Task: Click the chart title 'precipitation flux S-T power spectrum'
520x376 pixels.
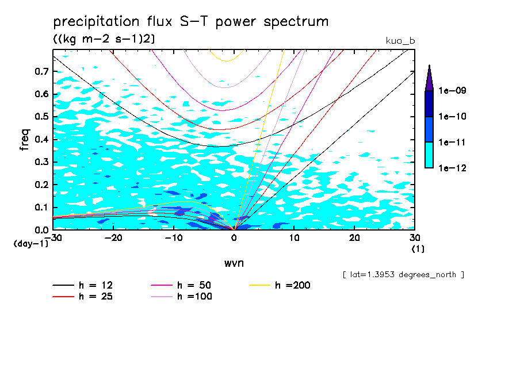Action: (190, 22)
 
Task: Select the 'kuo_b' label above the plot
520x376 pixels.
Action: (400, 41)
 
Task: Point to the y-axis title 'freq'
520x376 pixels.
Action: (24, 140)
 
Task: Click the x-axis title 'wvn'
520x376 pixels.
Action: (234, 263)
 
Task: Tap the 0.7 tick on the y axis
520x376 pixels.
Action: (40, 71)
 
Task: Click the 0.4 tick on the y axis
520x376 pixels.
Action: (40, 140)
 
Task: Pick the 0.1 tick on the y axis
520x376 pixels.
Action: (40, 208)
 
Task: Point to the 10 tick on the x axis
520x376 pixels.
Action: (294, 237)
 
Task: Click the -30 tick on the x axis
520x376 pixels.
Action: (53, 237)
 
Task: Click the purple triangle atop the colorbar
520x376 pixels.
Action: (429, 78)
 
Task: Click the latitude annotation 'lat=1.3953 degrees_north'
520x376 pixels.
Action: (403, 275)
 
